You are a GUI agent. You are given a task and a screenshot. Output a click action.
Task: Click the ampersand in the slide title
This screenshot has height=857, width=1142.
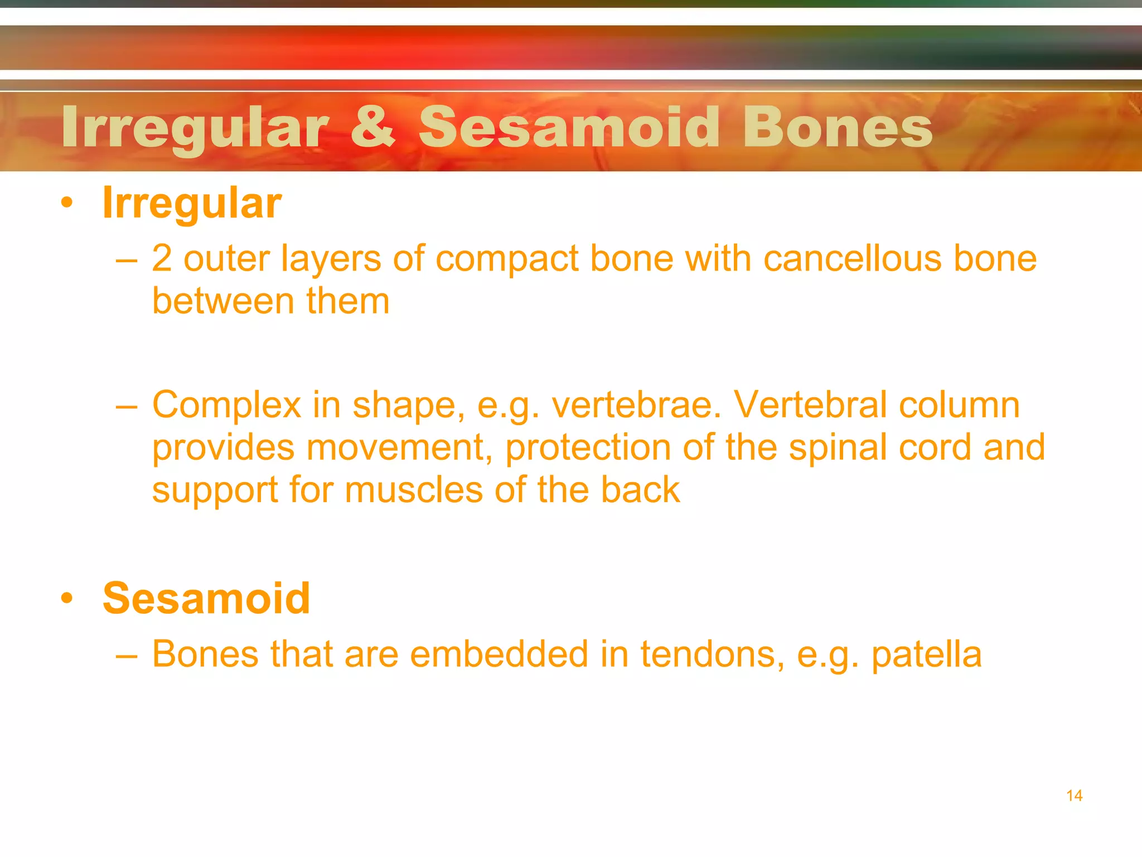coord(372,127)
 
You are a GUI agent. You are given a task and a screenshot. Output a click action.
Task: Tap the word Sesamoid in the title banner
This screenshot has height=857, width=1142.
coord(569,127)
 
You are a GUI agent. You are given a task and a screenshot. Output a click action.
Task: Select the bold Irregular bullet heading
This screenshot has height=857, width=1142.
coord(192,203)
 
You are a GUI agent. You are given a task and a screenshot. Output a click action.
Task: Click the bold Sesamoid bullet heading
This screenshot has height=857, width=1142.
coord(206,598)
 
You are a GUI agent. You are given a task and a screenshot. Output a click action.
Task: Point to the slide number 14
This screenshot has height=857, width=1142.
coord(1074,796)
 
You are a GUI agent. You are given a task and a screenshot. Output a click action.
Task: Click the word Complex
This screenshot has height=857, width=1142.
coord(226,406)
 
